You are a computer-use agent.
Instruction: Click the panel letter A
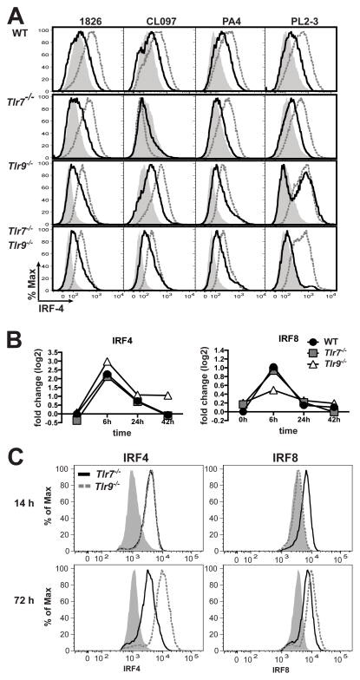[10, 8]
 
